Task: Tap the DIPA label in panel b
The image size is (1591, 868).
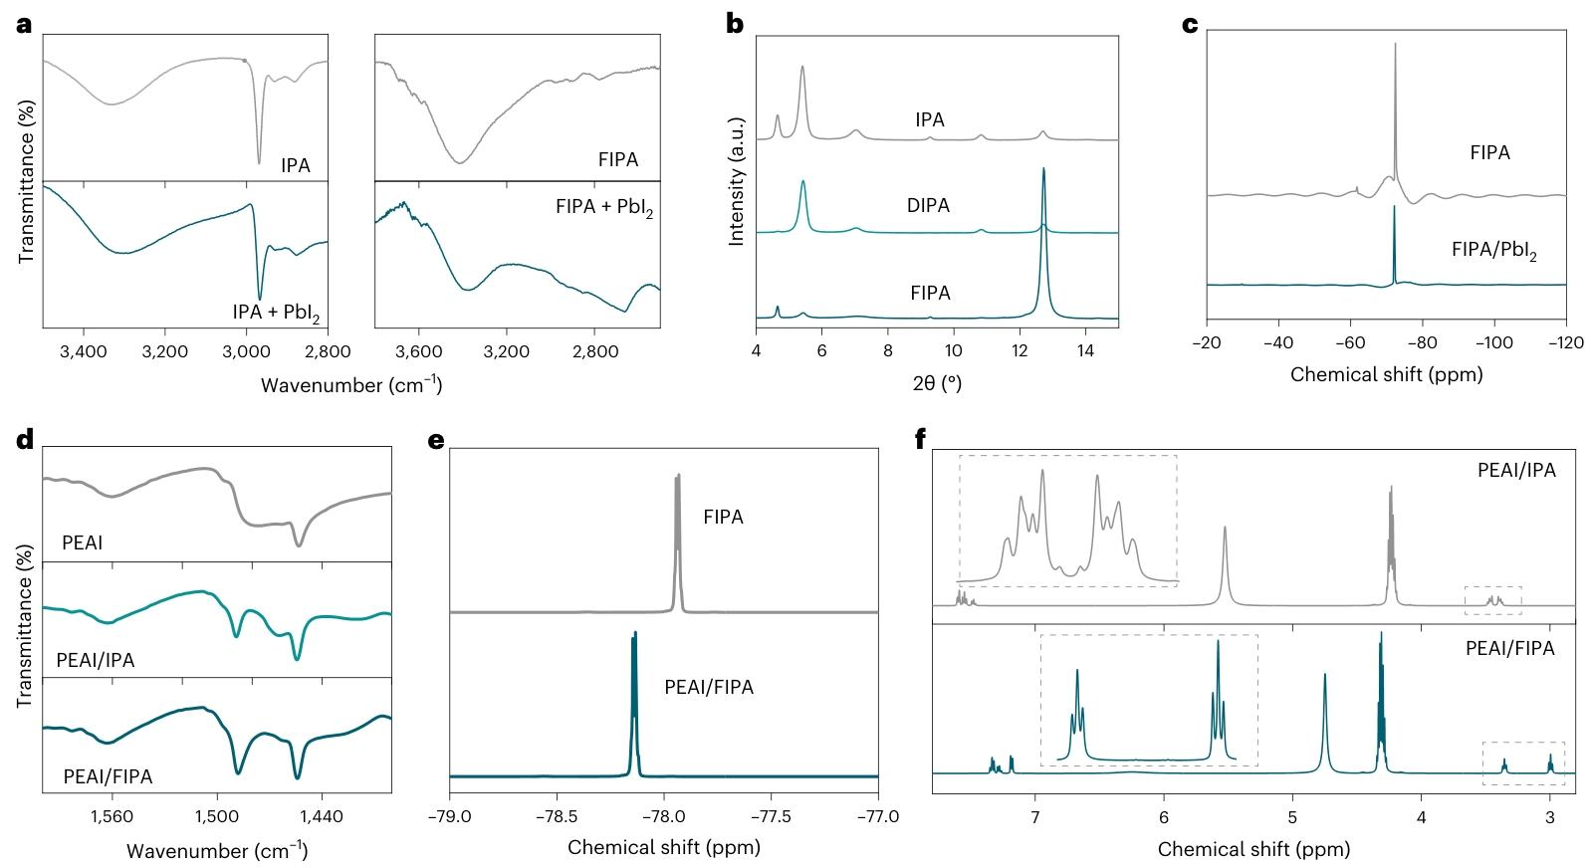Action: point(927,206)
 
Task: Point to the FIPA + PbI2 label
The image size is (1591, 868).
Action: point(603,209)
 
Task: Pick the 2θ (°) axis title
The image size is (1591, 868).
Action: point(936,383)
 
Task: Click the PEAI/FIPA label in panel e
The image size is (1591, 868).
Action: point(709,688)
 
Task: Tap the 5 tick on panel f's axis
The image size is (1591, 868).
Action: point(1292,817)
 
